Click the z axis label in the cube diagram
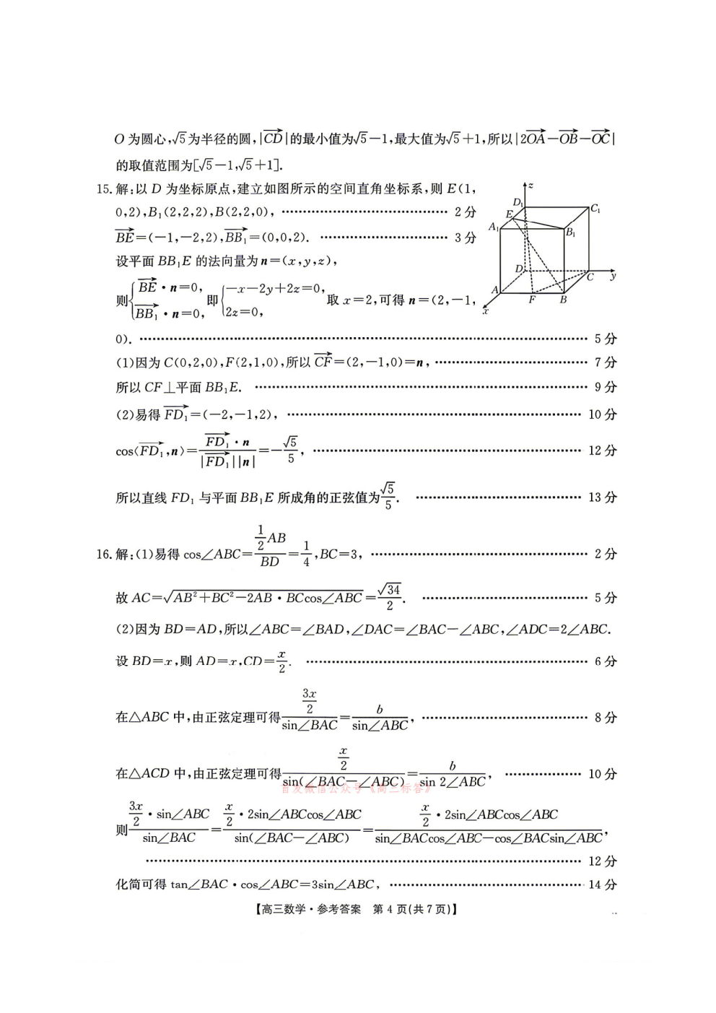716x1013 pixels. [x=531, y=186]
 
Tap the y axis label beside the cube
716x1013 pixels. [x=613, y=276]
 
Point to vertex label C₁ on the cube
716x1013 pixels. [x=595, y=209]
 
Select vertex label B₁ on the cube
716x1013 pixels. [x=571, y=232]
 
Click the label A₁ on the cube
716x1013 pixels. [x=494, y=227]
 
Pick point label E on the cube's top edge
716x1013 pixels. [x=509, y=214]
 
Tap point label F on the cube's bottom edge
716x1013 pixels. [x=532, y=299]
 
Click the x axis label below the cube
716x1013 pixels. [x=485, y=311]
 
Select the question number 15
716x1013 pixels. [x=103, y=189]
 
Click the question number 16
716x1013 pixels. [x=103, y=555]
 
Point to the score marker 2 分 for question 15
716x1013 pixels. [x=465, y=212]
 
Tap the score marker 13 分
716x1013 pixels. [x=603, y=497]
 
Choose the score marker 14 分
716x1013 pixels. [x=603, y=884]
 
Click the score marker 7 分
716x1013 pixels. [x=606, y=362]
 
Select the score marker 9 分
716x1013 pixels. [x=606, y=388]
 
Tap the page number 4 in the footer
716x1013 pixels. [x=390, y=910]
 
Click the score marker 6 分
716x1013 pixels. [x=606, y=661]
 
